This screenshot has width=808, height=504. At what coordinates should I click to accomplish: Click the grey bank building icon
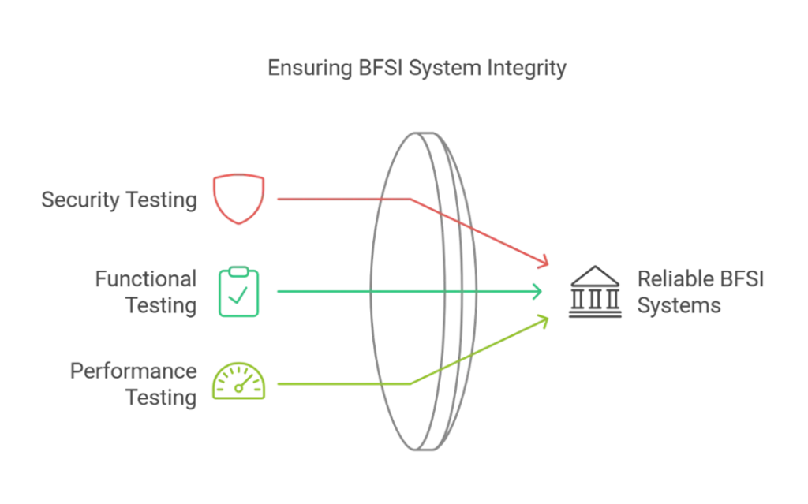click(597, 292)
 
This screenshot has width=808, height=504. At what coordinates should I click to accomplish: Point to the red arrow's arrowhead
click(544, 262)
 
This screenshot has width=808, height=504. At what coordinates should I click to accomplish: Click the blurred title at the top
click(416, 68)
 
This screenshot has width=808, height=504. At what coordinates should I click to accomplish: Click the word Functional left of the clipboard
click(148, 278)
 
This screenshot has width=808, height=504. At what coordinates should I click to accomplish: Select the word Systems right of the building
click(679, 305)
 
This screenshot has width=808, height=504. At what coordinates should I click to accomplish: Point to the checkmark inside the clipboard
click(241, 297)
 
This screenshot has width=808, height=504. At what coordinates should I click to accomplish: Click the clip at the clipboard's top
click(239, 271)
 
